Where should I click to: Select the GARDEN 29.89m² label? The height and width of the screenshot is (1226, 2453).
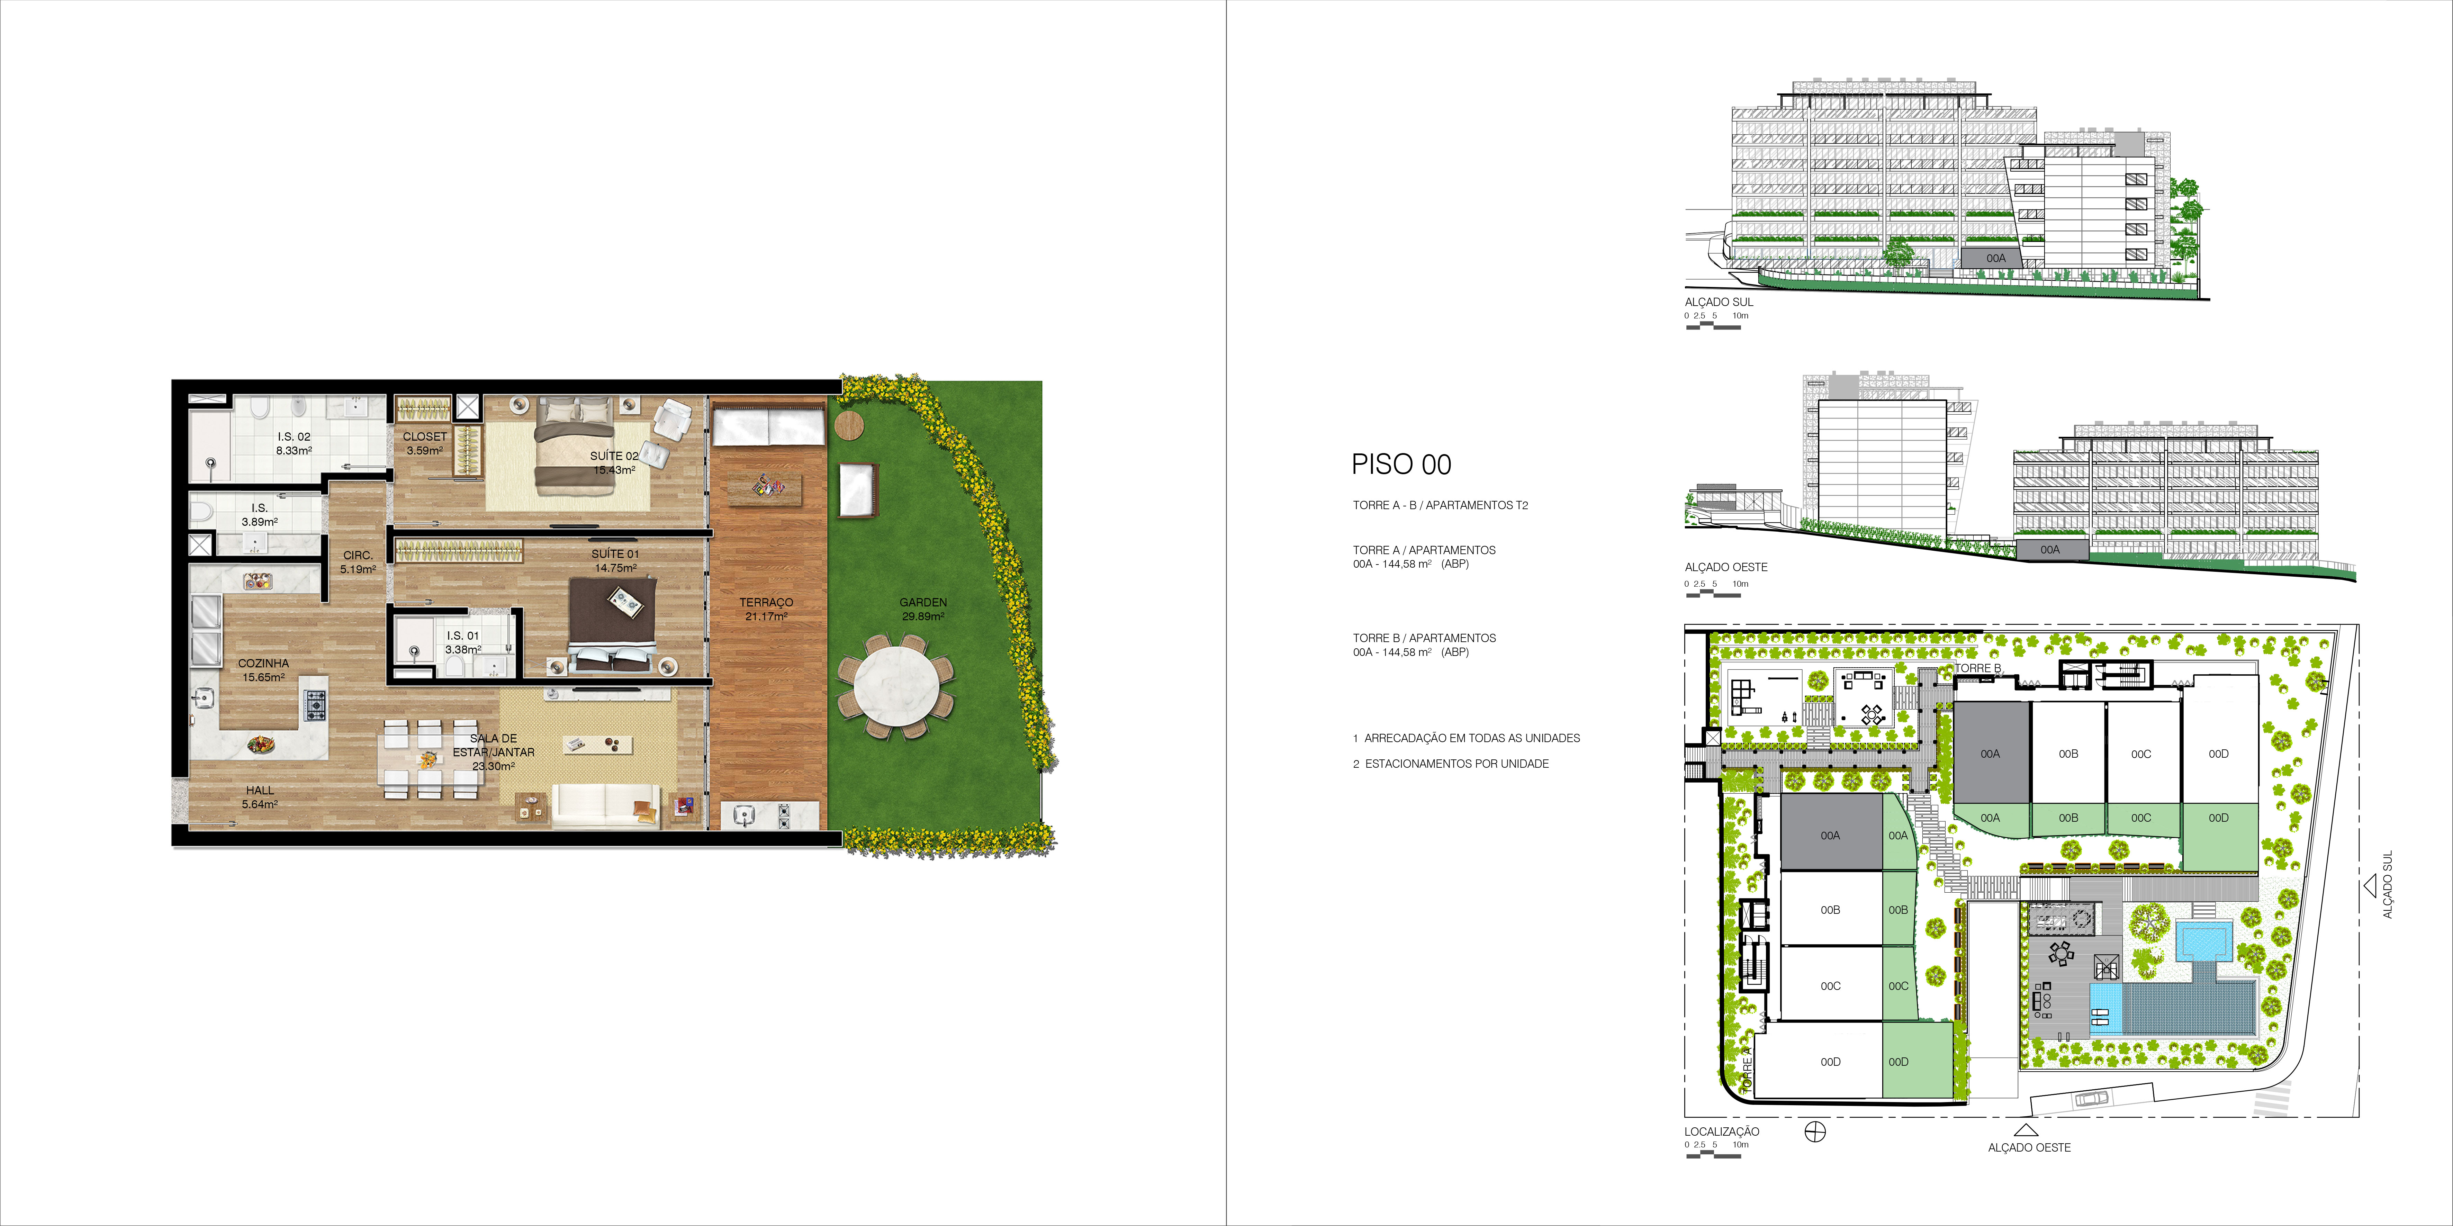click(923, 609)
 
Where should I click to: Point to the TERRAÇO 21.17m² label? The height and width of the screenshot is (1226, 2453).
click(767, 609)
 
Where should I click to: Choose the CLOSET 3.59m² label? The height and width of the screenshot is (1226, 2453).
click(425, 443)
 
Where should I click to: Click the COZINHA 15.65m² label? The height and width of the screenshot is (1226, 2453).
click(264, 670)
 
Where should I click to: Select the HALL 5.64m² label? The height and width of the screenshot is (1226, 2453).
click(260, 796)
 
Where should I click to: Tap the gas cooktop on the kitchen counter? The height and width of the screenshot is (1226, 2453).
click(314, 705)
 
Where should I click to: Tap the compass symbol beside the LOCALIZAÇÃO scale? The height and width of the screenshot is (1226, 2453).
click(1815, 1132)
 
